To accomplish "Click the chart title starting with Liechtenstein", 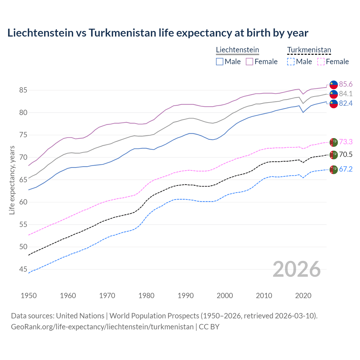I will coord(158,33).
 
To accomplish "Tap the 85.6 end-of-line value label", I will coord(346,84).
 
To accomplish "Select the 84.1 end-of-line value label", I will coord(346,94).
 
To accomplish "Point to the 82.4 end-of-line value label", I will coord(346,103).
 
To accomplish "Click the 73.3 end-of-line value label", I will coord(346,142).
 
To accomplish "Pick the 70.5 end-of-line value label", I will coord(346,154).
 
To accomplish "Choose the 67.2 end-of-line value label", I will coord(346,169).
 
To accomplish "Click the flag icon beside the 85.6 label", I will coord(334,84).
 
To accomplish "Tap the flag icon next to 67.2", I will coord(334,170).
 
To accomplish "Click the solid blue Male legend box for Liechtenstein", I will coord(220,62).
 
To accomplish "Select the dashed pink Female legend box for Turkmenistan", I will coord(321,62).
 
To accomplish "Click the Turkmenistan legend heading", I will coord(309,50).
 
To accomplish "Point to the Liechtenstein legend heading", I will coord(237,50).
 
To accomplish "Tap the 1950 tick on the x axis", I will coord(29,296).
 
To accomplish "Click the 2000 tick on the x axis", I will coord(225,296).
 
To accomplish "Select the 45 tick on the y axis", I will coord(23,269).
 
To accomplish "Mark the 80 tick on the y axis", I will coord(23,112).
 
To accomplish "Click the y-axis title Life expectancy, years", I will coord(12,180).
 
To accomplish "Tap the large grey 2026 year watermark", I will coord(297,269).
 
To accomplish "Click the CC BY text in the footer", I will coord(209,327).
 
